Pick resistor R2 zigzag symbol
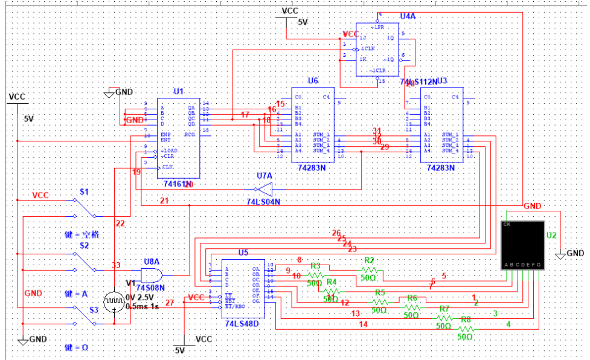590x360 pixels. click(x=370, y=269)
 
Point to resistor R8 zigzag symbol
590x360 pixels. click(x=466, y=329)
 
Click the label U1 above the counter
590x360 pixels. click(x=178, y=91)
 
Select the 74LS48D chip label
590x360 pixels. click(x=242, y=324)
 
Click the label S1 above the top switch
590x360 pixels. click(x=85, y=191)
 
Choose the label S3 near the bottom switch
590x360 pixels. click(x=85, y=309)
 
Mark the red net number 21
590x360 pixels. click(x=164, y=200)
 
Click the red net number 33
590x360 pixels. click(x=116, y=265)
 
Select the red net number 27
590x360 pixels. click(x=170, y=303)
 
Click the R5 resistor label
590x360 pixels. click(x=379, y=292)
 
